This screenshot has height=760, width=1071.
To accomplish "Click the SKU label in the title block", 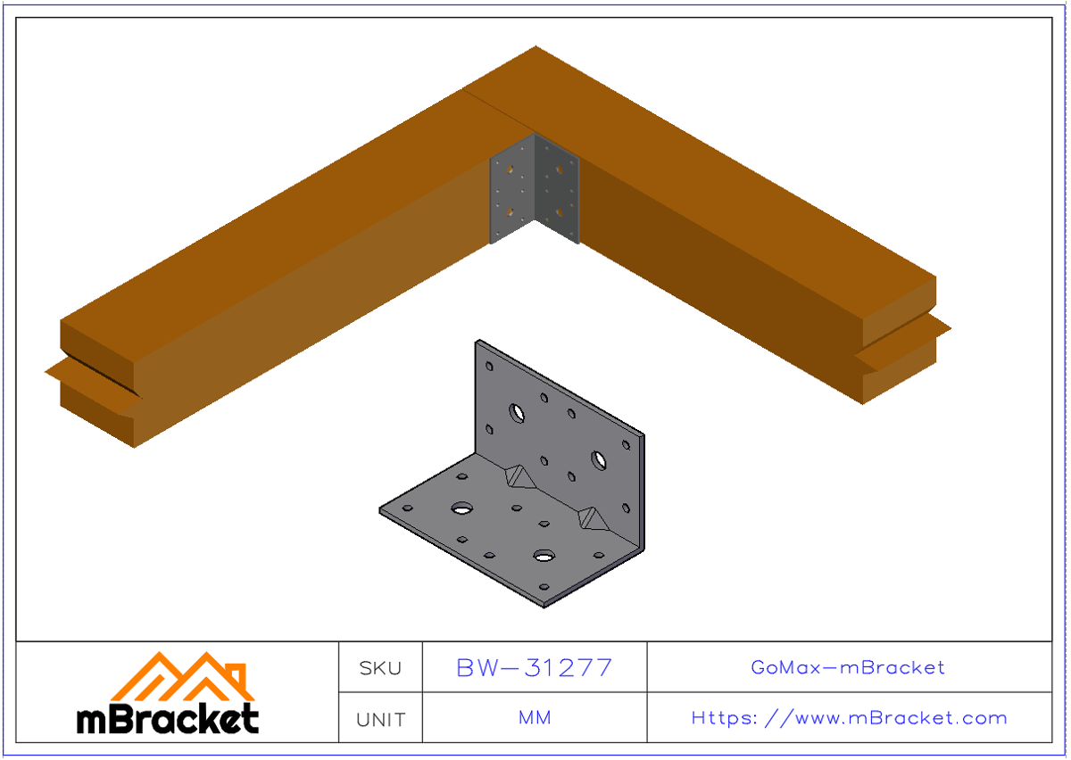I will click(x=380, y=667).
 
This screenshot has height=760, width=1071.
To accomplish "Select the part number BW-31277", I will click(x=534, y=667).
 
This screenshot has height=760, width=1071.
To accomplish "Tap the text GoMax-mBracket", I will click(x=848, y=667).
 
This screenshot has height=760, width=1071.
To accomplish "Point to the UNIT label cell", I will click(x=380, y=719).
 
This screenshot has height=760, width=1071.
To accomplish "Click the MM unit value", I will click(x=534, y=718).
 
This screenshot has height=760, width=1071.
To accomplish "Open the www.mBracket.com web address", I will click(x=849, y=718).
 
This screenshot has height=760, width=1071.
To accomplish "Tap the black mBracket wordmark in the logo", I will click(x=168, y=718).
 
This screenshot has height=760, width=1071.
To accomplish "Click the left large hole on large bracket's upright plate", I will click(x=517, y=412).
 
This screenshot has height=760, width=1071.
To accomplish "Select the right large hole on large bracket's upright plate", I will click(x=597, y=460).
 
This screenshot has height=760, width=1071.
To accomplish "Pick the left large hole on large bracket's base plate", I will click(x=461, y=508).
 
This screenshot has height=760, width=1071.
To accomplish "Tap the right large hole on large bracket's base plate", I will click(x=544, y=556).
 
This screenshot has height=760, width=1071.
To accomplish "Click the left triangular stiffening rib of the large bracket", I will click(x=518, y=477).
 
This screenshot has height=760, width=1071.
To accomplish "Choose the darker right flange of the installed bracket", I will click(x=557, y=189).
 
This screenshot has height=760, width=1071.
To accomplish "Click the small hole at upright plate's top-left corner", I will click(x=488, y=366).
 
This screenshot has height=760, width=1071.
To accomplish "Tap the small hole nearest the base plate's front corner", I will click(x=544, y=589).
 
